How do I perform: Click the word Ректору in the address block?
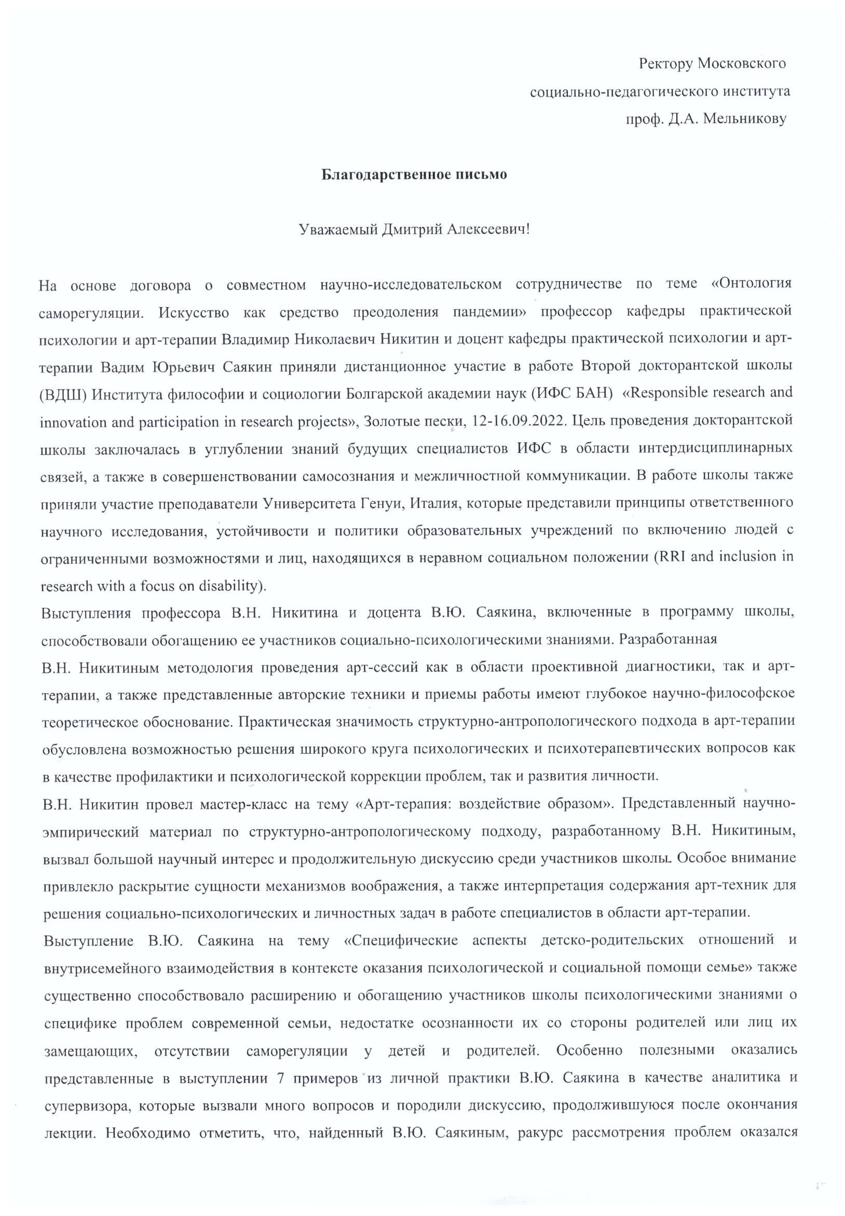coord(664,64)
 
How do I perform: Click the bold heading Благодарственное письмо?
coord(414,175)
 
